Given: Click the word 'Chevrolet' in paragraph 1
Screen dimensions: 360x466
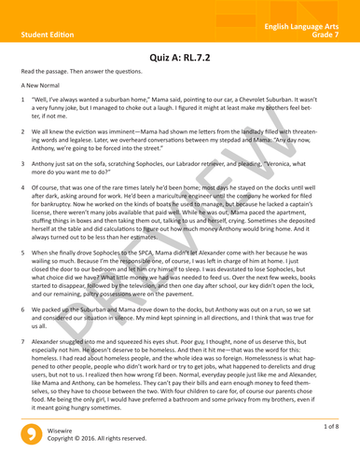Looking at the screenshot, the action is click(x=273, y=110).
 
